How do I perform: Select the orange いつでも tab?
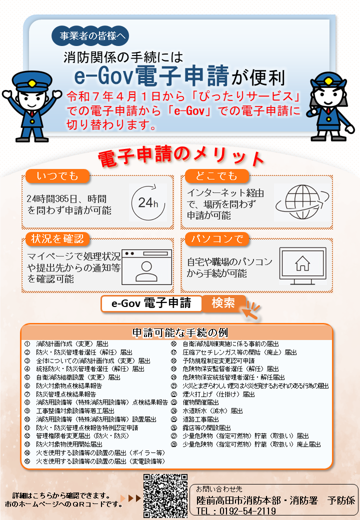coord(57,176)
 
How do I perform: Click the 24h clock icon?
coord(148,202)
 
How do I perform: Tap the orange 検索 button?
coord(223,303)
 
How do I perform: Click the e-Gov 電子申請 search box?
coord(151,303)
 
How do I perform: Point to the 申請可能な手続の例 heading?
coord(180,332)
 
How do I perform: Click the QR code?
coord(165,495)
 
